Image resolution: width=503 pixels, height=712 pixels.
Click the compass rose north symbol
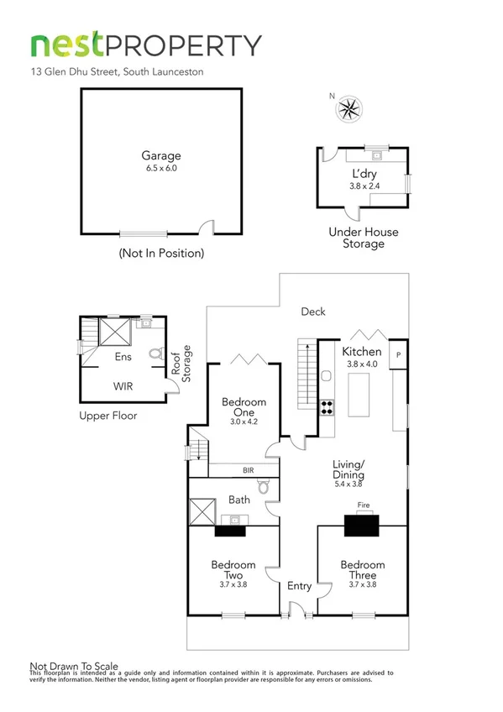(x=348, y=109)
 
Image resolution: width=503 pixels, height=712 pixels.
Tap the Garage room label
(x=160, y=155)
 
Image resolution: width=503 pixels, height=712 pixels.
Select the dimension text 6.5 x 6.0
(x=160, y=168)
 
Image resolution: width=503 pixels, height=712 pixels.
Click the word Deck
(x=314, y=311)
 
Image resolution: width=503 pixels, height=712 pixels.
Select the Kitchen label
(x=362, y=352)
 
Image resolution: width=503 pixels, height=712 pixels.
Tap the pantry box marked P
(x=398, y=353)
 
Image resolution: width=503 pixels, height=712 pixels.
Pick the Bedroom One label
(x=244, y=407)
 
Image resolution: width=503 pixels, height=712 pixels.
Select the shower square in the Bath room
(x=202, y=511)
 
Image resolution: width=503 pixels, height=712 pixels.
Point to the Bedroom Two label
(x=233, y=570)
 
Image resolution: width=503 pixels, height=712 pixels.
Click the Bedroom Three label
(x=363, y=570)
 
